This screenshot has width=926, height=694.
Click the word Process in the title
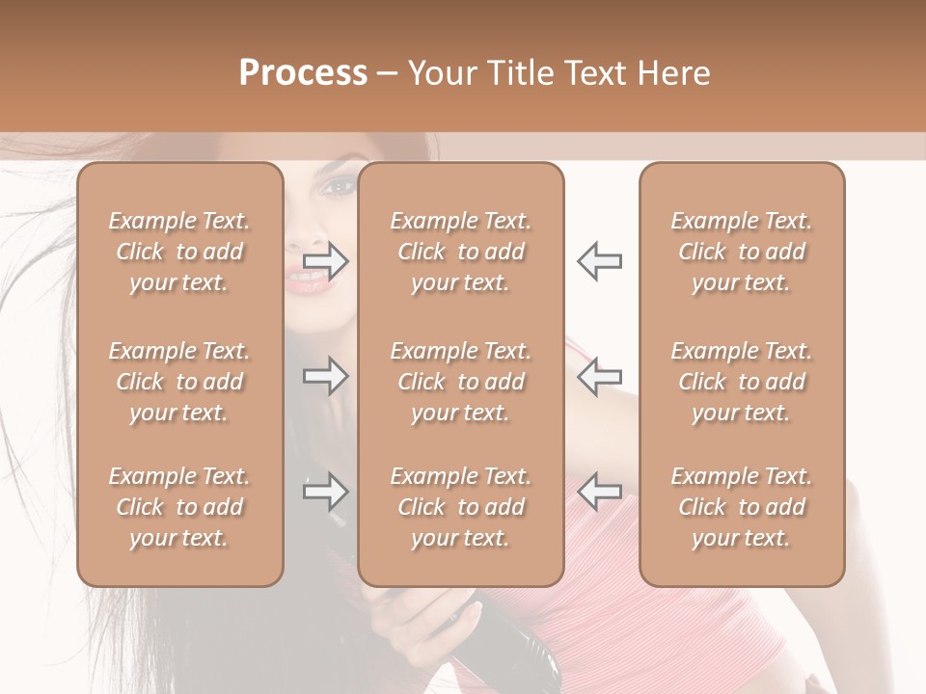tap(303, 73)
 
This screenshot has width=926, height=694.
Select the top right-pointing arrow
tap(325, 261)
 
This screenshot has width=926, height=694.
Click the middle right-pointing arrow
tap(325, 375)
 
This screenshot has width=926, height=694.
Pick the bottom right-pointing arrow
tap(325, 493)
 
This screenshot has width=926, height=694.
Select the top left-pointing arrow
tap(599, 261)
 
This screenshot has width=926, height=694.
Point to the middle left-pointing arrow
tap(599, 375)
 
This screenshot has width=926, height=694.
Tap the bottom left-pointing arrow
tap(599, 493)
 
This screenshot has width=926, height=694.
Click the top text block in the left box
tap(179, 252)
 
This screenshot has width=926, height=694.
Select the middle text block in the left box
tap(179, 382)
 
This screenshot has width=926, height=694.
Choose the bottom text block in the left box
tap(179, 507)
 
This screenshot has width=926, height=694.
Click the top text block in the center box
tap(461, 252)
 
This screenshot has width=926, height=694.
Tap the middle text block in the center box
tap(461, 382)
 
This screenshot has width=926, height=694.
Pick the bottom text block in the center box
tap(461, 507)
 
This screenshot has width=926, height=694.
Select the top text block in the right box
tap(742, 252)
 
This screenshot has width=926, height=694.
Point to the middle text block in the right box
tap(742, 382)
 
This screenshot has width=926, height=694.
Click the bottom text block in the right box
tap(742, 507)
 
